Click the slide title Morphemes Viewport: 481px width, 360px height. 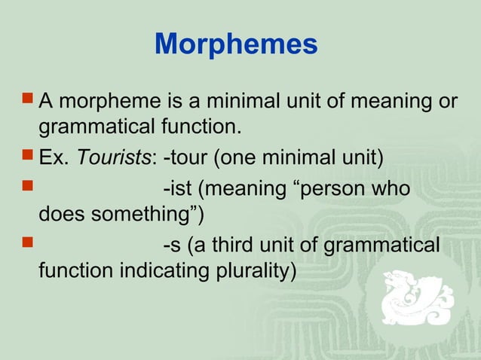pyautogui.click(x=236, y=45)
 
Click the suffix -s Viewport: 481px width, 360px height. pyautogui.click(x=172, y=245)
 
